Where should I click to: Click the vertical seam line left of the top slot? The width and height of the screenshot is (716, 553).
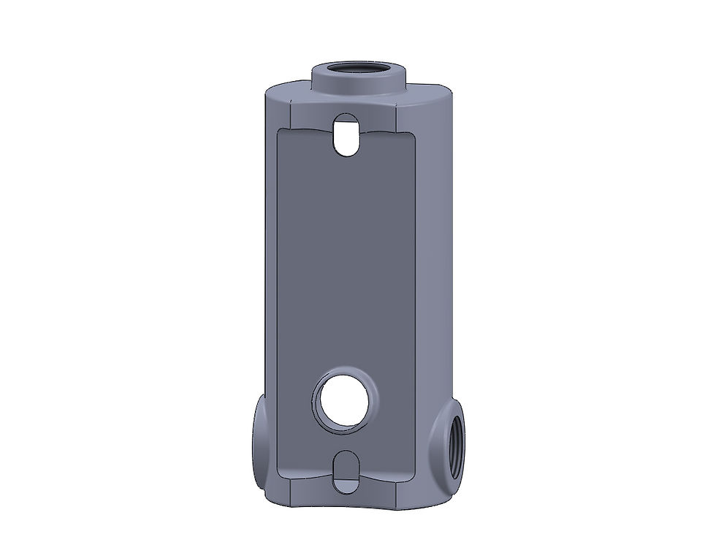click(290, 110)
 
